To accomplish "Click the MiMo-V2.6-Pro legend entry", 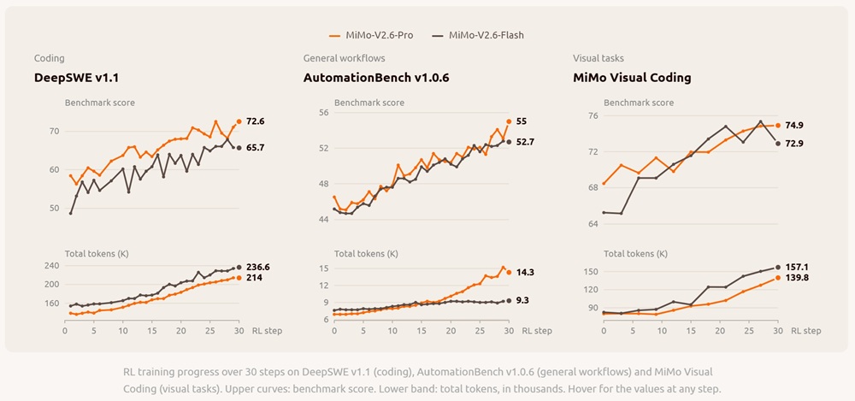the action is point(371,35).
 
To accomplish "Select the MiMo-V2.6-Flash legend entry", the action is point(478,35).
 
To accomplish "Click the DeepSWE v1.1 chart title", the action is point(76,78).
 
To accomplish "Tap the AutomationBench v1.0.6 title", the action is point(376,78).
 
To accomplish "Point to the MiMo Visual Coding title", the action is point(632,78).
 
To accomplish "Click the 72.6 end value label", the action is point(255,121).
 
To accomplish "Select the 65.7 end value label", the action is point(255,147).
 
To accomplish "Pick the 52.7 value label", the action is point(525,142).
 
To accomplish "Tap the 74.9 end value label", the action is point(794,125).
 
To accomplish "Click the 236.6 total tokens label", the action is point(257,267).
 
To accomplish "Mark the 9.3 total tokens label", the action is point(522,300).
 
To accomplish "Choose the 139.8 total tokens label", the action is point(797,278).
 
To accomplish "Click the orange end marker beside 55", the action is point(509,121).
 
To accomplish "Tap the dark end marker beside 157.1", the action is point(778,268).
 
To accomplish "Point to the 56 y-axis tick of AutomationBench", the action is point(324,113).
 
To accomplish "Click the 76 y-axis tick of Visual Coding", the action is point(593,115).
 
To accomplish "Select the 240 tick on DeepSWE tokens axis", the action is point(52,266).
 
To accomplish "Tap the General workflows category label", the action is point(344,58).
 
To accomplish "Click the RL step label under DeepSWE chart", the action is point(267,331).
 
